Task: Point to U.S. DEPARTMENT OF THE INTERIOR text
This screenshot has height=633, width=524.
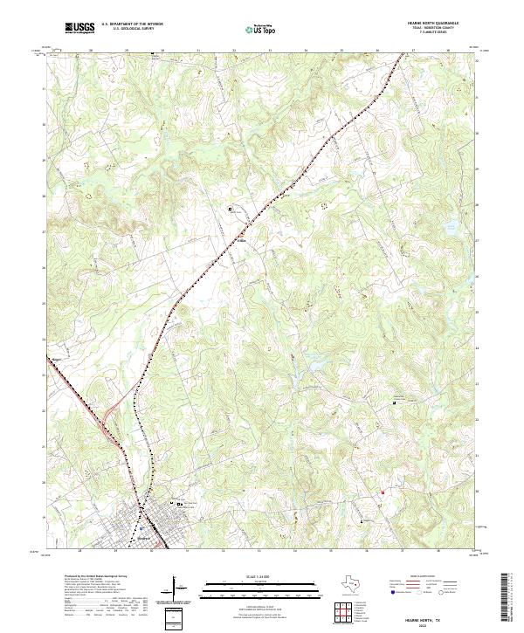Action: pyautogui.click(x=133, y=24)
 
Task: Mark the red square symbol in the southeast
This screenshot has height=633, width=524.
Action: pyautogui.click(x=382, y=492)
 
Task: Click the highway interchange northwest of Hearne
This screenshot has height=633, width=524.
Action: pyautogui.click(x=107, y=427)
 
